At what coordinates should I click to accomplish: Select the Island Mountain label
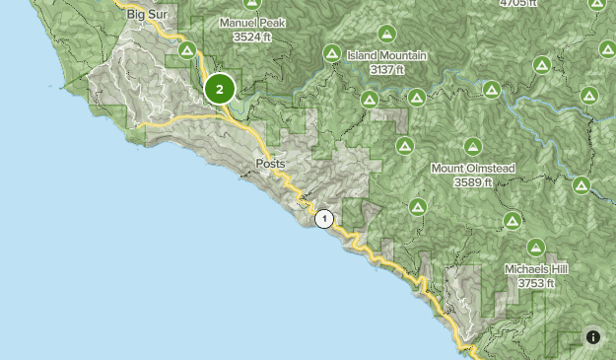pyautogui.click(x=386, y=56)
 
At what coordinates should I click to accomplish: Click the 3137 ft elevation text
pyautogui.click(x=387, y=70)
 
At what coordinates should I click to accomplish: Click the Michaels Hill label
pyautogui.click(x=537, y=269)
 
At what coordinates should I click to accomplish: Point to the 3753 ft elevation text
pyautogui.click(x=537, y=283)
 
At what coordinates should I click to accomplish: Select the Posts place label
pyautogui.click(x=270, y=164)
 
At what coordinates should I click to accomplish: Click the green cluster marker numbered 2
pyautogui.click(x=220, y=90)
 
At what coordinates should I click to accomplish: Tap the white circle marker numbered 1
pyautogui.click(x=324, y=219)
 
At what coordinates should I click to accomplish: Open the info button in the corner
pyautogui.click(x=592, y=336)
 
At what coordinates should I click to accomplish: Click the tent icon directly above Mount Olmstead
pyautogui.click(x=472, y=147)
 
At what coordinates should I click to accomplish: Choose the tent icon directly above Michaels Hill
pyautogui.click(x=536, y=248)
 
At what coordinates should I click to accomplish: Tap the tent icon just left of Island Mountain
pyautogui.click(x=332, y=54)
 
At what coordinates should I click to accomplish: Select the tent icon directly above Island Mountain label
pyautogui.click(x=385, y=33)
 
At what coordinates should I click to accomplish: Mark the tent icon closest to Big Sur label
pyautogui.click(x=185, y=49)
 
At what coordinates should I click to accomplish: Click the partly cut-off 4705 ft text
pyautogui.click(x=519, y=4)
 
